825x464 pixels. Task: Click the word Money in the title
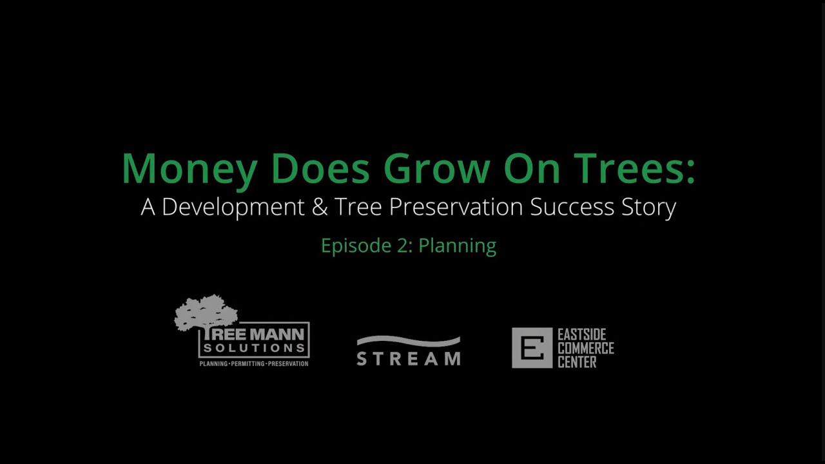pos(189,169)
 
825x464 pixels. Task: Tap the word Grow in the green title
pos(436,169)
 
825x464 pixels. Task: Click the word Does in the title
pos(320,169)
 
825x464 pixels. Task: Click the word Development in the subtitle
pos(233,207)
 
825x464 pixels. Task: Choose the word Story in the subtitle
pos(650,207)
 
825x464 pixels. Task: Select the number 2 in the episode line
pos(403,246)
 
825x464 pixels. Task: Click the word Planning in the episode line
pos(457,246)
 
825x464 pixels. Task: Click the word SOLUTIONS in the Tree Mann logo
pos(254,349)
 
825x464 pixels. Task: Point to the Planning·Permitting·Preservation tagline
pos(254,363)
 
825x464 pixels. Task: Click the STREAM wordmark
pos(409,358)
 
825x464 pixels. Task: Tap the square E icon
pos(532,348)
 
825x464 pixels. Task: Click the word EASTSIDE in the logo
pos(586,334)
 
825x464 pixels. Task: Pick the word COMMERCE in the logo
pos(586,349)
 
